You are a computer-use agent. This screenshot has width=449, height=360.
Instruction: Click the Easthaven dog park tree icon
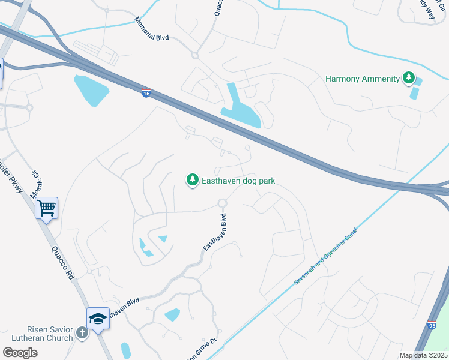[x=192, y=180]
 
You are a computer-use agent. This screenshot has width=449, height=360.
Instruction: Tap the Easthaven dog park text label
[x=237, y=180]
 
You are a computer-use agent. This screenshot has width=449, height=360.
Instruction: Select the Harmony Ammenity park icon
[x=409, y=78]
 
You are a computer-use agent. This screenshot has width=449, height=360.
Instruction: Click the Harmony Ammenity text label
[x=363, y=79]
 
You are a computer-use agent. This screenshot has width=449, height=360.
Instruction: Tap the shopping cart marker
[x=46, y=208]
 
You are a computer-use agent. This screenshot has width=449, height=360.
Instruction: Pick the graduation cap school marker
[x=98, y=319]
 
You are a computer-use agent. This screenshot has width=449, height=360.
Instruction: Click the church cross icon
[x=82, y=332]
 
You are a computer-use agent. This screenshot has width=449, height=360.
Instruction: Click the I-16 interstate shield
[x=146, y=92]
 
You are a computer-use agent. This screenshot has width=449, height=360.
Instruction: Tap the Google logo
[x=20, y=353]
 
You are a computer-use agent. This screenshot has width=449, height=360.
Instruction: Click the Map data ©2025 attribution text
[x=423, y=355]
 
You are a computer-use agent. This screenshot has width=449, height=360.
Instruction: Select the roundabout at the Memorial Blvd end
[x=194, y=56]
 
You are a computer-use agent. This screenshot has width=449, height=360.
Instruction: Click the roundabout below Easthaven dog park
[x=223, y=203]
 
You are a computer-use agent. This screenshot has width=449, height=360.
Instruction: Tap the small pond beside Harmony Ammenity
[x=415, y=93]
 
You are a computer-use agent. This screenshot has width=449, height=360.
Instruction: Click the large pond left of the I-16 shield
[x=91, y=90]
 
